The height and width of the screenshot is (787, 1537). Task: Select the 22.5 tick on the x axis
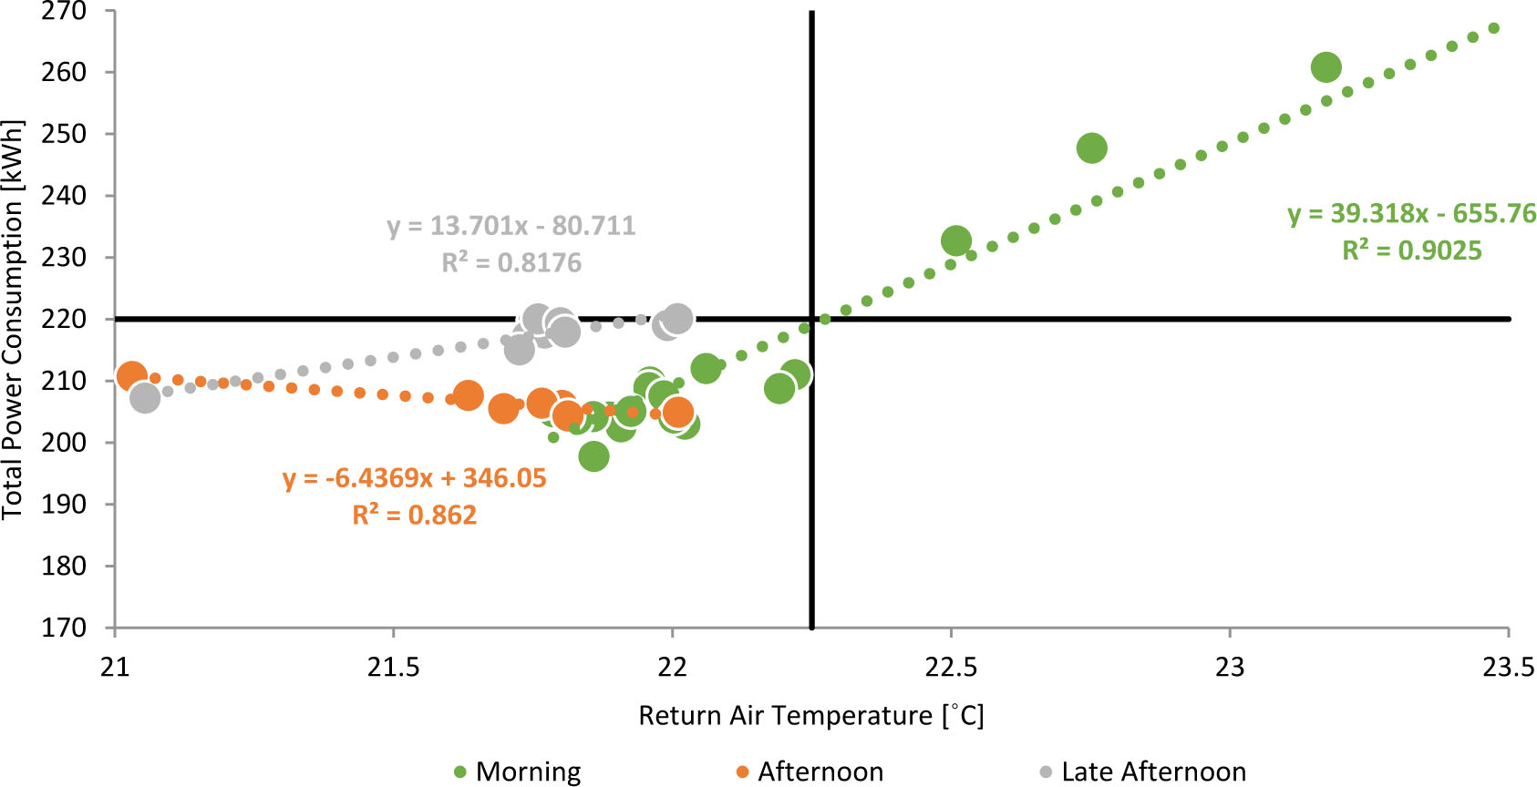tap(951, 668)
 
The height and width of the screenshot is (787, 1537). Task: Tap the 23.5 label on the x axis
tap(1508, 668)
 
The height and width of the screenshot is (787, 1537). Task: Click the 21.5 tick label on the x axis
tap(393, 668)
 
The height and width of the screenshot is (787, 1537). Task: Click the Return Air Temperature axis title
tap(810, 716)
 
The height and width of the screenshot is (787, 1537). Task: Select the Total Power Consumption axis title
tap(13, 319)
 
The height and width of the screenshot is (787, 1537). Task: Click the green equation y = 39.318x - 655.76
tap(1411, 213)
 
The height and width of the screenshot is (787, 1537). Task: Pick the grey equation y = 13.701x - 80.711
tap(511, 225)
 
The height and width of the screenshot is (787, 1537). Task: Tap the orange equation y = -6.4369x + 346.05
tap(414, 478)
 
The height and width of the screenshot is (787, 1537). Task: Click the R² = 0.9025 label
tap(1411, 250)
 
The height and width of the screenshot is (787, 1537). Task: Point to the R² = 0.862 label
tap(414, 516)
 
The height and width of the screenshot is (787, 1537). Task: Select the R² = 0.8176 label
tap(511, 263)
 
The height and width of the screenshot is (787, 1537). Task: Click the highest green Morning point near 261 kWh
tap(1326, 67)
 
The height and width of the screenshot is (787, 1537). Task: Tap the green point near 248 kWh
tap(1091, 148)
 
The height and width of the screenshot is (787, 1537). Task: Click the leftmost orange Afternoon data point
tap(131, 375)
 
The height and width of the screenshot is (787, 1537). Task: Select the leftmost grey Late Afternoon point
tap(144, 397)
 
